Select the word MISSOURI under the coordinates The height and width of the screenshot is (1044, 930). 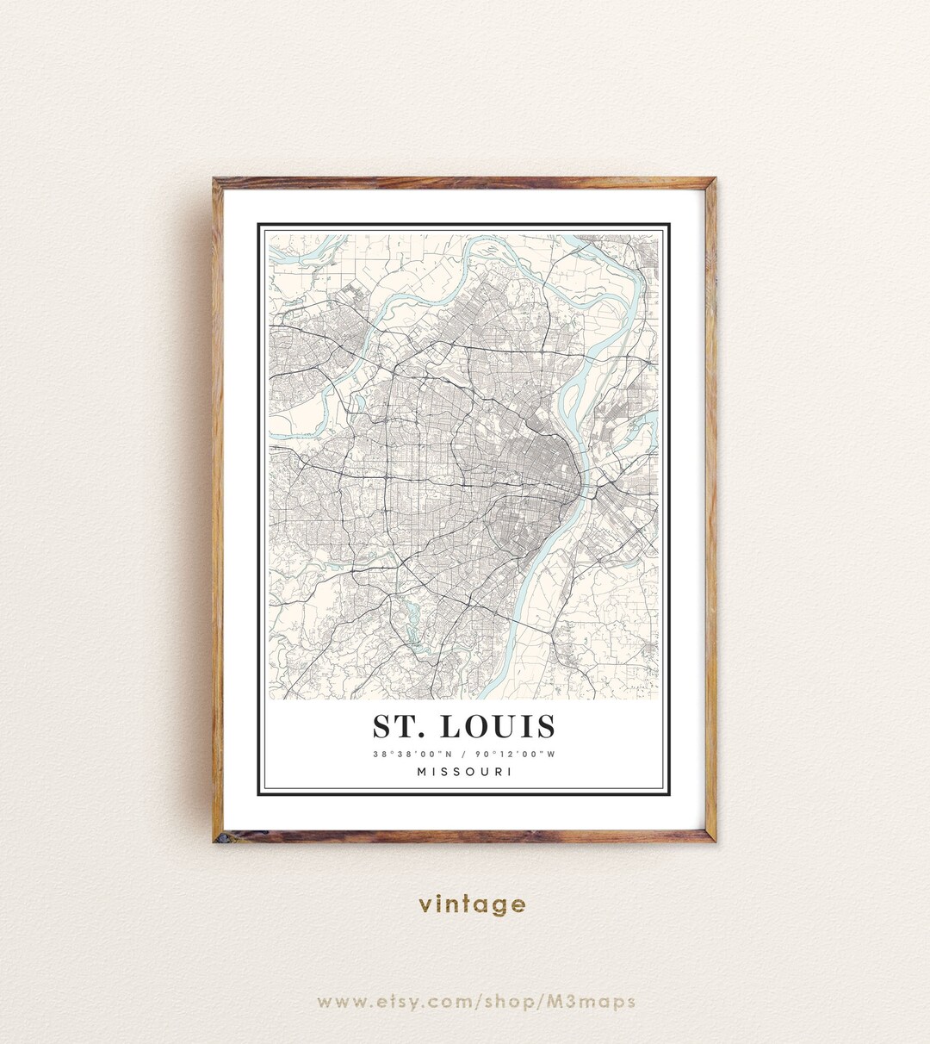(465, 771)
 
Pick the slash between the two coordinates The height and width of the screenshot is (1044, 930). (465, 754)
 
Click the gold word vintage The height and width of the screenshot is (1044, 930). (472, 904)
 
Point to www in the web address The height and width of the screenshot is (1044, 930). (338, 1001)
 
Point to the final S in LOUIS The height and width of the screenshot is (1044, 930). (545, 726)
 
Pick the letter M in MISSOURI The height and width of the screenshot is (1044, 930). (422, 771)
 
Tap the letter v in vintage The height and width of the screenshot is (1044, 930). (425, 905)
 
